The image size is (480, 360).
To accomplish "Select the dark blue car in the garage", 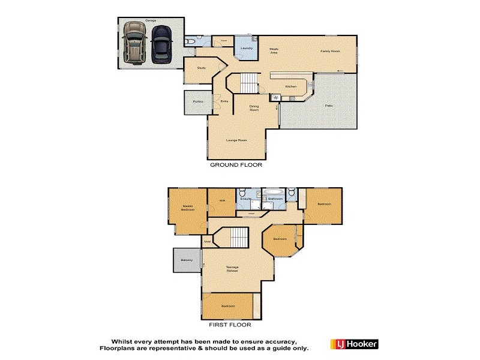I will (x=160, y=43).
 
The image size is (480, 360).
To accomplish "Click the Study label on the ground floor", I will (x=202, y=68).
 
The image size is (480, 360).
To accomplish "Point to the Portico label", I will (x=197, y=101).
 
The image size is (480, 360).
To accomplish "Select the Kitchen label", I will (x=290, y=87).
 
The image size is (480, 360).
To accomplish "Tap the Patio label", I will (x=329, y=106).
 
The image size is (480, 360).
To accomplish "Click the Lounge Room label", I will (x=236, y=140).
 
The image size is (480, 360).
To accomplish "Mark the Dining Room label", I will (x=254, y=109).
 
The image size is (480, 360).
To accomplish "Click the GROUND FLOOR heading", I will (x=236, y=164).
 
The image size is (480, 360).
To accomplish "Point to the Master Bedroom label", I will (x=188, y=208).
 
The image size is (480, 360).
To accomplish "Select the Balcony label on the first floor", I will (x=185, y=260).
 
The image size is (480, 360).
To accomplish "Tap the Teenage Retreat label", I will (x=232, y=269).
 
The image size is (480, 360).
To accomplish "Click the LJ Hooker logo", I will (x=354, y=344).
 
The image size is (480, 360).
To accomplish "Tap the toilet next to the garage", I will (x=190, y=41).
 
